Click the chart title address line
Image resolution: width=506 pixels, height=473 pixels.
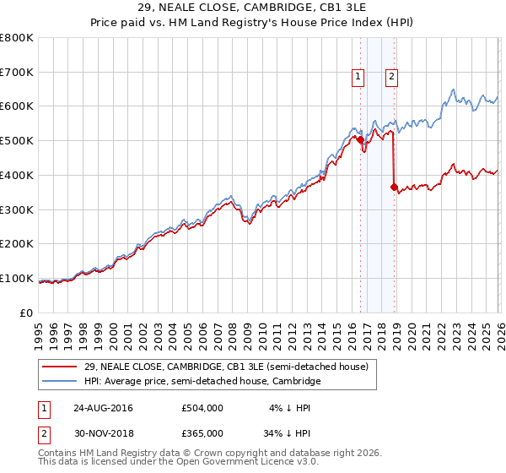click(x=252, y=7)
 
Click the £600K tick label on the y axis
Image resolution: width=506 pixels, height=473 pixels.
click(x=16, y=106)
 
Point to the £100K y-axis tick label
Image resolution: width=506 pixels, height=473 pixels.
click(x=16, y=278)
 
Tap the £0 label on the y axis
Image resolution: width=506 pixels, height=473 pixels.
click(x=26, y=313)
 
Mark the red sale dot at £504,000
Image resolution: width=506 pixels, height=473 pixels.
click(x=360, y=139)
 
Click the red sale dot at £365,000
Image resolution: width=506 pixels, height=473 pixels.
click(x=394, y=187)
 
